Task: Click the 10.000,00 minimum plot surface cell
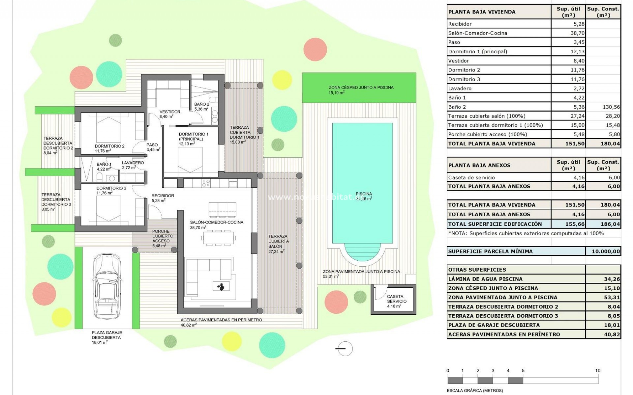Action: pos(605,251)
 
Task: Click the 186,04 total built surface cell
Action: pos(610,224)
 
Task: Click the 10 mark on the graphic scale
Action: pos(597,371)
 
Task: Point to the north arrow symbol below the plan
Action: pos(345,349)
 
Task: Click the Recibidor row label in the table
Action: pos(460,24)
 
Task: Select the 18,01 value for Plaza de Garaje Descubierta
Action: pos(612,325)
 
